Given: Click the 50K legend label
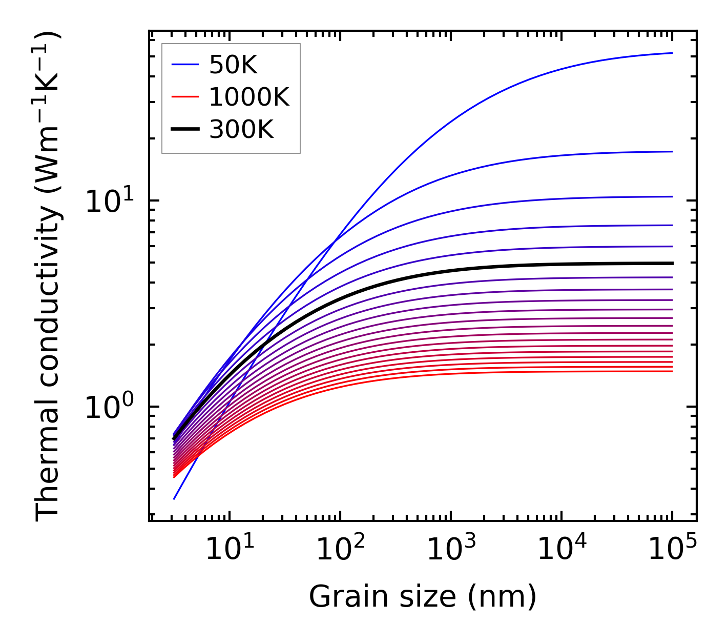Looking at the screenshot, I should coord(233,65).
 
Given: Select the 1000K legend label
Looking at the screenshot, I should coord(249,97).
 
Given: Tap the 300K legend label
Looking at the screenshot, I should coord(241,130).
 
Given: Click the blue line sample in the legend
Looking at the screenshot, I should coord(184,65).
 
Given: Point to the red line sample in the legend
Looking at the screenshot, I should coord(184,97).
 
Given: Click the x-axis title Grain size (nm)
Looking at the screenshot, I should coord(423,597).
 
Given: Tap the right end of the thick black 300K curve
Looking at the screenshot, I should coord(672,263).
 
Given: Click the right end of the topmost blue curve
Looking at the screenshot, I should coord(672,53).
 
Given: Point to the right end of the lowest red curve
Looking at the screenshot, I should coord(672,371).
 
